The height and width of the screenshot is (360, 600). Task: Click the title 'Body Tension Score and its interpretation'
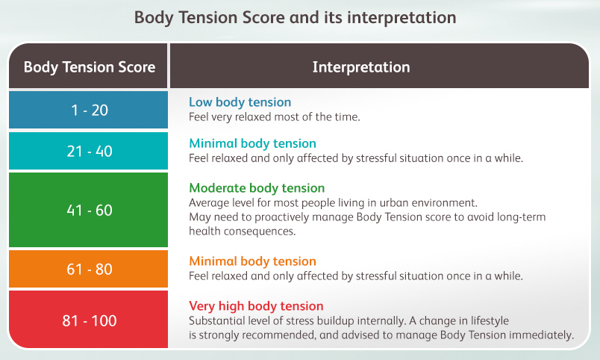[295, 18]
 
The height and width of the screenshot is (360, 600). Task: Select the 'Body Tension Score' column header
[90, 67]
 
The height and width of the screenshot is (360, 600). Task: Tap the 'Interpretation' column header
[361, 67]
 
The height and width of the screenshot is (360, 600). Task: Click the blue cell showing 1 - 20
[88, 110]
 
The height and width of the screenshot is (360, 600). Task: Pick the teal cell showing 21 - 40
[88, 151]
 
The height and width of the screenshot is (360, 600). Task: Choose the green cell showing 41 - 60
[88, 210]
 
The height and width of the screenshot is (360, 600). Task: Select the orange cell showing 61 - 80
[88, 269]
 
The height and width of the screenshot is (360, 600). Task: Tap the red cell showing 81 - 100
[88, 320]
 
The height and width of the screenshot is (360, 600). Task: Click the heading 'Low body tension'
[240, 102]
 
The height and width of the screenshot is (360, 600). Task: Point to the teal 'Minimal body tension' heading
[252, 143]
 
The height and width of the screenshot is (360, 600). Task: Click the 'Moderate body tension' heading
[257, 188]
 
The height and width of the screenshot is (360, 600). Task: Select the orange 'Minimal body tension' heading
[252, 261]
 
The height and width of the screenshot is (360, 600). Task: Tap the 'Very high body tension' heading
[256, 306]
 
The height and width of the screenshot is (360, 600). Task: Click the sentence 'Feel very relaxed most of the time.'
[275, 117]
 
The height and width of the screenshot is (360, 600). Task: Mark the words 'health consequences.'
[243, 232]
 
